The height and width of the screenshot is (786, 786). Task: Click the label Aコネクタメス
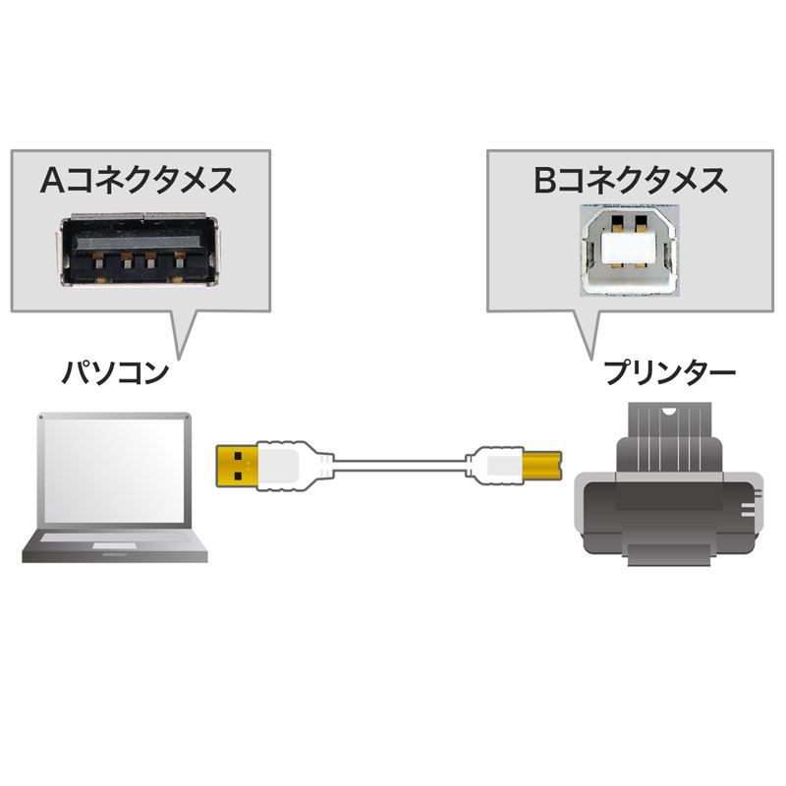[x=138, y=182]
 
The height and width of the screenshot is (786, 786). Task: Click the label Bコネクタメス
[x=630, y=182]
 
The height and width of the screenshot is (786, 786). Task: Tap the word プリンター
[x=670, y=374]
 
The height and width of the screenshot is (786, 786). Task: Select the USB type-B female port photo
[x=630, y=250]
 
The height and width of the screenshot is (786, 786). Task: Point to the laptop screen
[x=110, y=474]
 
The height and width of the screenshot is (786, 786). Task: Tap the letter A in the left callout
[x=52, y=182]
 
